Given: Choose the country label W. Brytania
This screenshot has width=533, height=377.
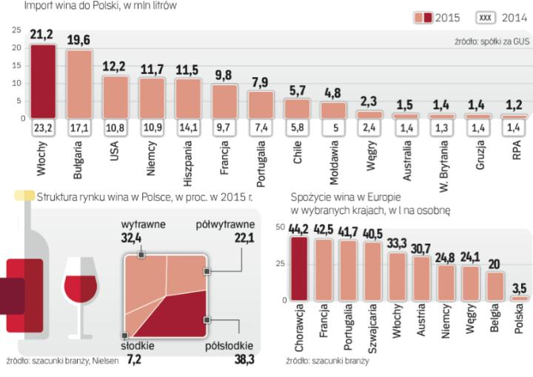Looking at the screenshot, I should point(440,161).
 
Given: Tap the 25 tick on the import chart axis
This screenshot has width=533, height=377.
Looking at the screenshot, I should point(16,30).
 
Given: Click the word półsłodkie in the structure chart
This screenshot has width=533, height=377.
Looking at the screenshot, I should point(230,346).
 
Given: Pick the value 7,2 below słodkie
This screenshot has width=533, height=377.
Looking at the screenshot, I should point(133,360).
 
